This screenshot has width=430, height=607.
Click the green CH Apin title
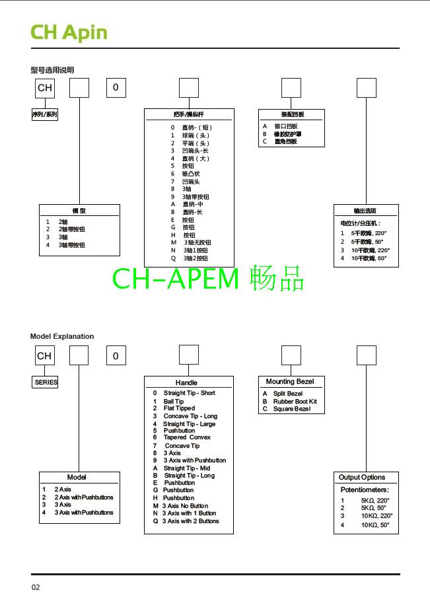tap(69, 32)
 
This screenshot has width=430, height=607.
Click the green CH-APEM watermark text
tap(208, 279)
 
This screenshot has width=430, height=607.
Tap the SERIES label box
tap(46, 382)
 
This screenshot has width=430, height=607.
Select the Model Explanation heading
tap(62, 336)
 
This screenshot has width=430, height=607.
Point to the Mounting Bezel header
tap(290, 382)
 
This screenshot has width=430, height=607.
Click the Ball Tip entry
tap(174, 402)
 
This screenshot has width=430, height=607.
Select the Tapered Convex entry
tap(187, 437)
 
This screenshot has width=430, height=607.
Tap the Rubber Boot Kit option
tap(295, 402)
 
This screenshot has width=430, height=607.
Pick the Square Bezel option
tap(291, 409)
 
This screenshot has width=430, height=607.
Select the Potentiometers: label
tap(365, 490)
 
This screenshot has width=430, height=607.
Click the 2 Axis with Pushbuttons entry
tap(84, 497)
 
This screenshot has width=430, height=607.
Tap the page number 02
tap(36, 587)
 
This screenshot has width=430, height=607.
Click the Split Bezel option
tap(287, 394)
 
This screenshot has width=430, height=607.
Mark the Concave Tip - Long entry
tap(190, 416)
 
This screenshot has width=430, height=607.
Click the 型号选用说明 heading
tap(52, 70)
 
